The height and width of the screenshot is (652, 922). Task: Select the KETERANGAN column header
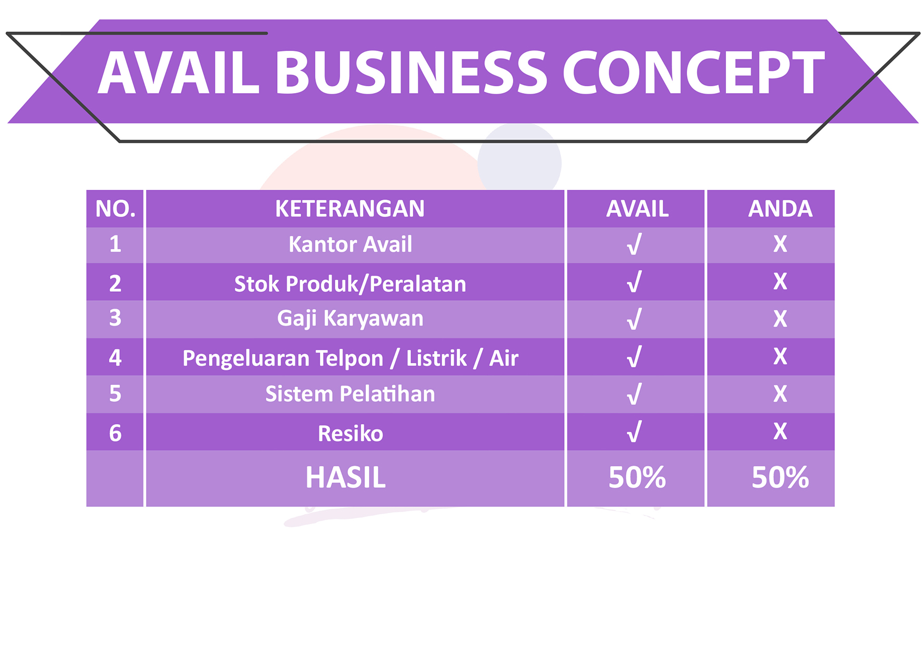tap(350, 209)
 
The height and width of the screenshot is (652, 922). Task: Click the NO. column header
tap(115, 209)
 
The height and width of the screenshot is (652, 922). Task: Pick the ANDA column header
tap(780, 209)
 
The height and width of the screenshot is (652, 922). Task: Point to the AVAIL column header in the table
tap(637, 209)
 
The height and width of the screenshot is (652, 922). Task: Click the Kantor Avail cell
tap(350, 244)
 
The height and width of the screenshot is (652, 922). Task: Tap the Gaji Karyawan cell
tap(350, 319)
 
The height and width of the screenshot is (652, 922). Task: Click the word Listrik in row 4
tap(436, 359)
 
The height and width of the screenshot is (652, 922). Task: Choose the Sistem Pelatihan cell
tap(350, 394)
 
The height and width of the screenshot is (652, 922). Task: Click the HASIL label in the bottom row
tap(345, 477)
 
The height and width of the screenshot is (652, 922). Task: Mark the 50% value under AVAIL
tap(637, 477)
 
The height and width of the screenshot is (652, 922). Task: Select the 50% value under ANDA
tap(780, 477)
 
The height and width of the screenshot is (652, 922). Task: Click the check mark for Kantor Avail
tap(634, 244)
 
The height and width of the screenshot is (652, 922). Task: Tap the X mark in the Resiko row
tap(780, 431)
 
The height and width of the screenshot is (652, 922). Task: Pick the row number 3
tap(115, 318)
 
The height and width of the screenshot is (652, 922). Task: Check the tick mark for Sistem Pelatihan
tap(634, 394)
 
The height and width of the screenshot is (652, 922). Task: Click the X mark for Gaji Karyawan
tap(780, 319)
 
